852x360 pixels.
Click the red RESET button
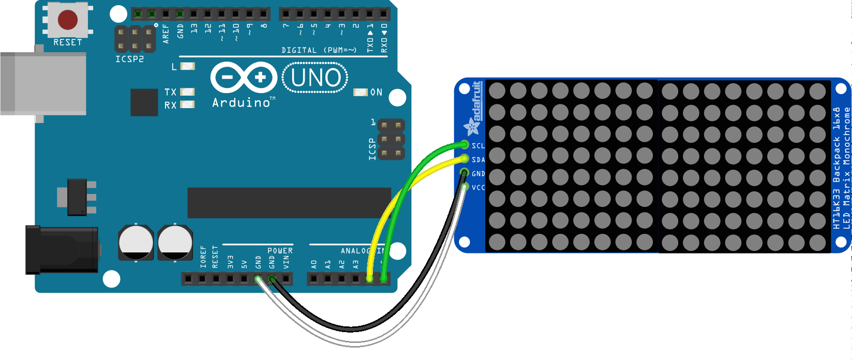tap(68, 20)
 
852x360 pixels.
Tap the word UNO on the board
tap(316, 78)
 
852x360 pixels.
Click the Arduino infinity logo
tap(243, 78)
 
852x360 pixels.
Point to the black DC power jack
tap(62, 250)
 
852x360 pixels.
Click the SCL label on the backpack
tap(478, 146)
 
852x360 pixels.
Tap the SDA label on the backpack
tap(478, 160)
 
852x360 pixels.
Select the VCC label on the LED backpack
tap(478, 188)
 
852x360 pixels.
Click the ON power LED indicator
tap(360, 92)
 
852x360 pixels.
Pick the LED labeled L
tap(187, 66)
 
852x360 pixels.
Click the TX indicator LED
tap(187, 92)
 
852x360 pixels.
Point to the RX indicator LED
tap(187, 105)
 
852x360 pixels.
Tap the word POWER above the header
tap(280, 251)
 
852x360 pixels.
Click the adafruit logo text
tap(476, 101)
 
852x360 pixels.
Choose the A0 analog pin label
tap(314, 264)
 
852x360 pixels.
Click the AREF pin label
tap(166, 33)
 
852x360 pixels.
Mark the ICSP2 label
tap(129, 59)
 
